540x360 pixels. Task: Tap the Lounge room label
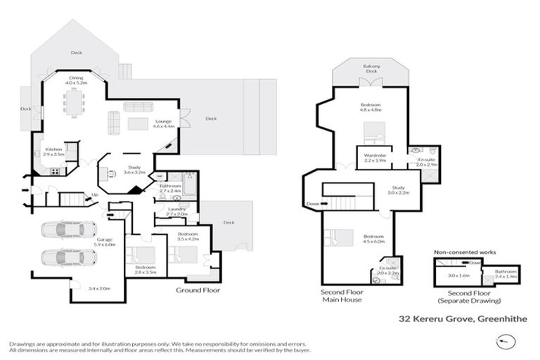pyautogui.click(x=163, y=123)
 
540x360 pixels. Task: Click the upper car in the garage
pyautogui.click(x=68, y=230)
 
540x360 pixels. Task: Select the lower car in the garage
pyautogui.click(x=68, y=257)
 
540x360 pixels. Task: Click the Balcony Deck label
pyautogui.click(x=371, y=68)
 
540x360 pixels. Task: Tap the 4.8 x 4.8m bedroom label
pyautogui.click(x=371, y=108)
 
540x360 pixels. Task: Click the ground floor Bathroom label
pyautogui.click(x=171, y=188)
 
